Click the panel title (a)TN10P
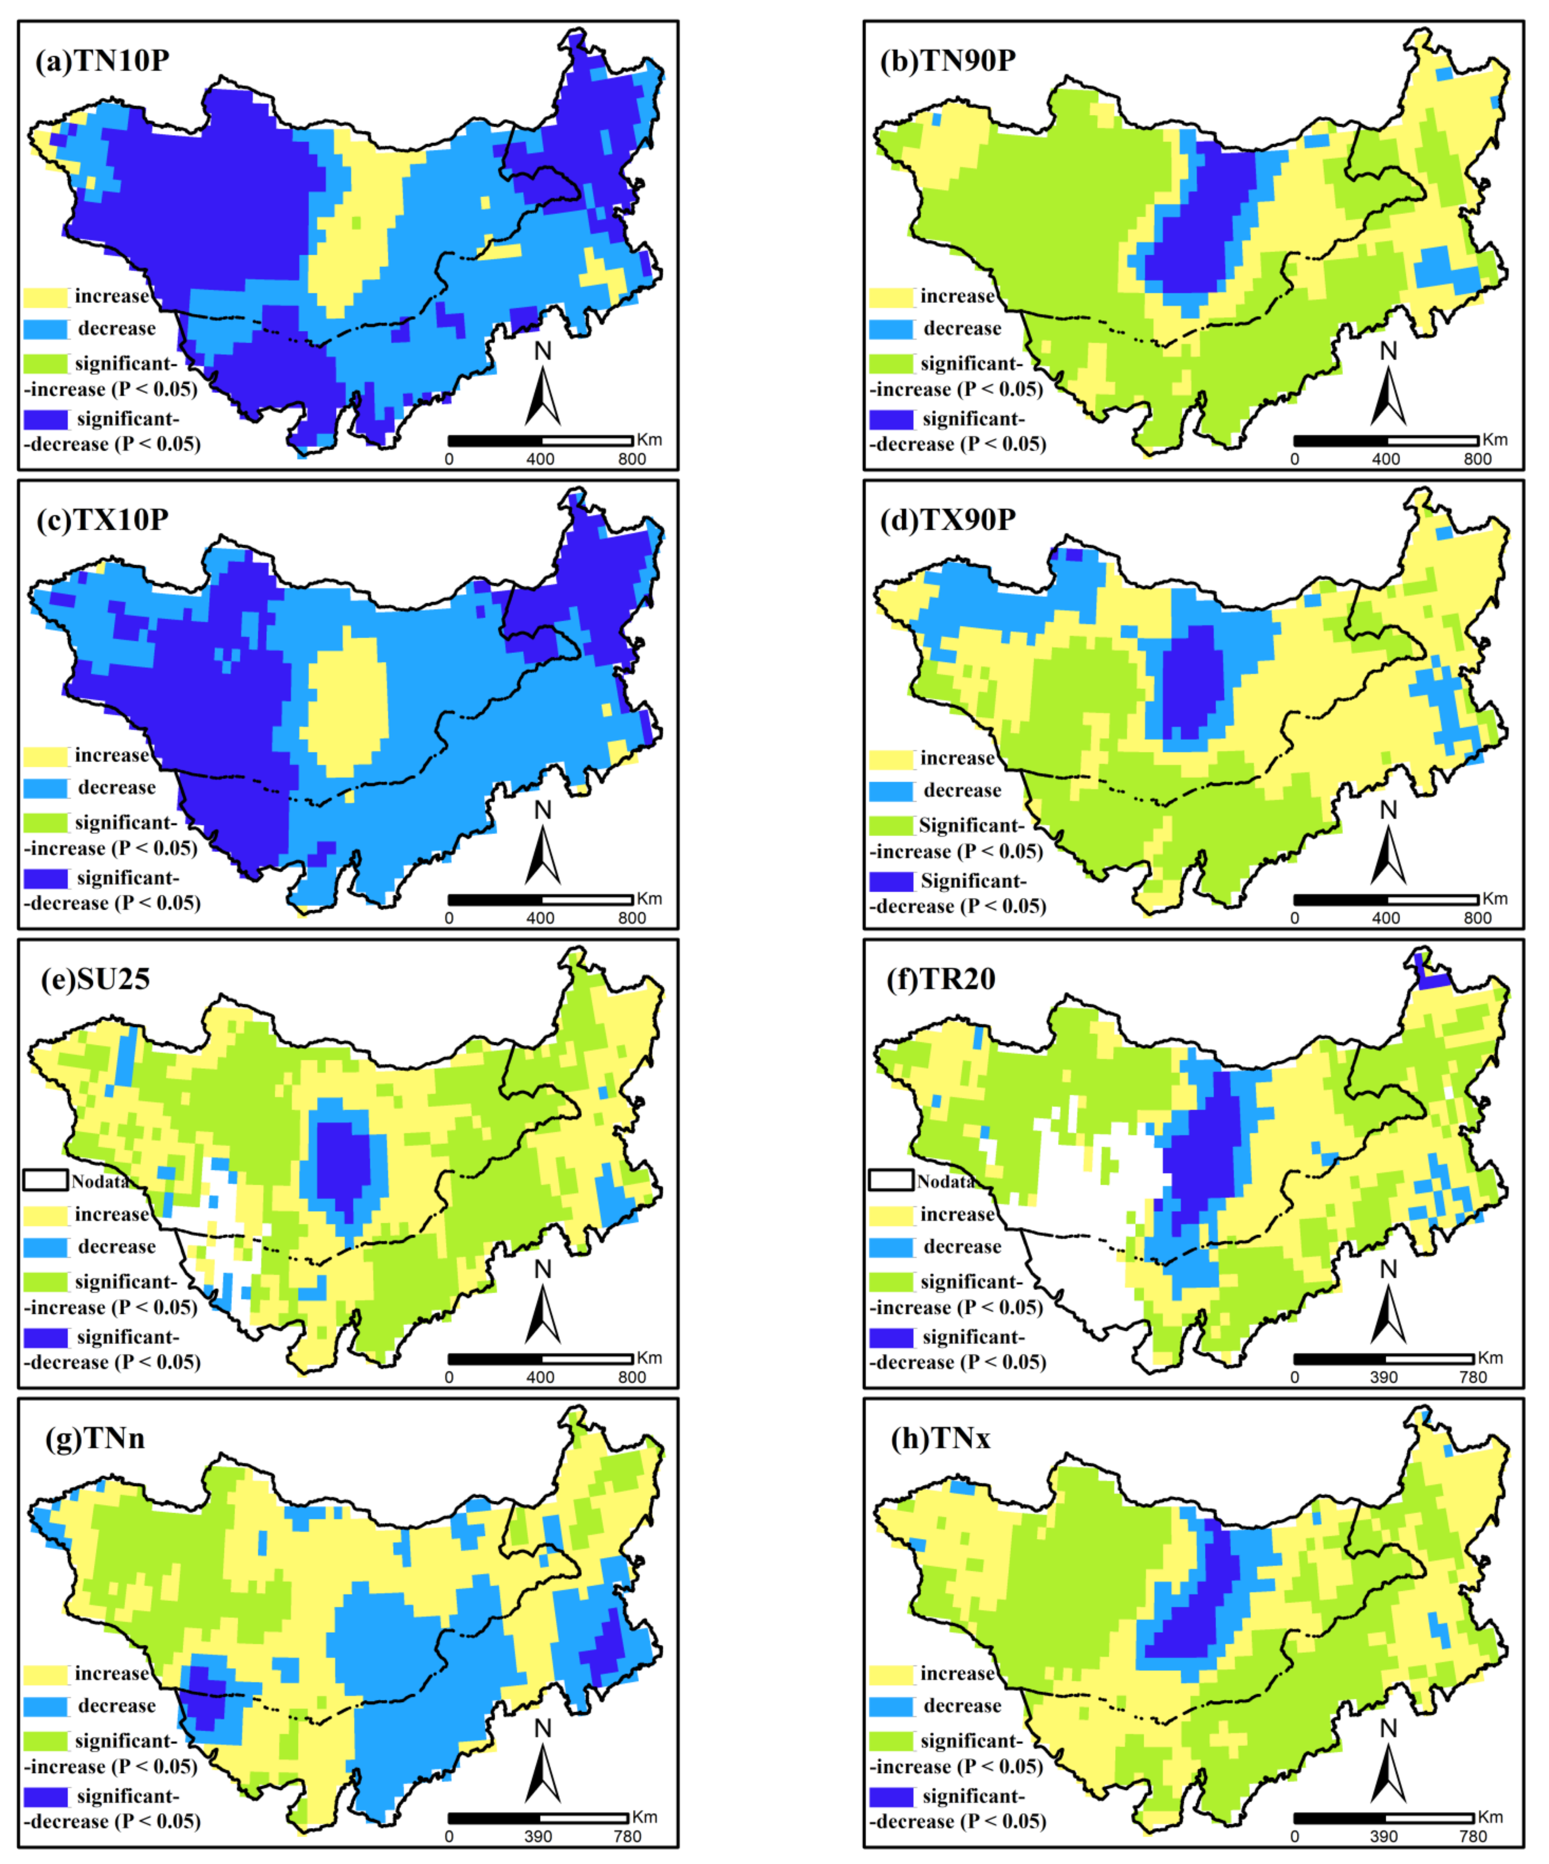click(x=102, y=61)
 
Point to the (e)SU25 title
click(x=96, y=979)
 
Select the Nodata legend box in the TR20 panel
click(x=891, y=1181)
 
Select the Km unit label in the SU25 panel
click(x=649, y=1358)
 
